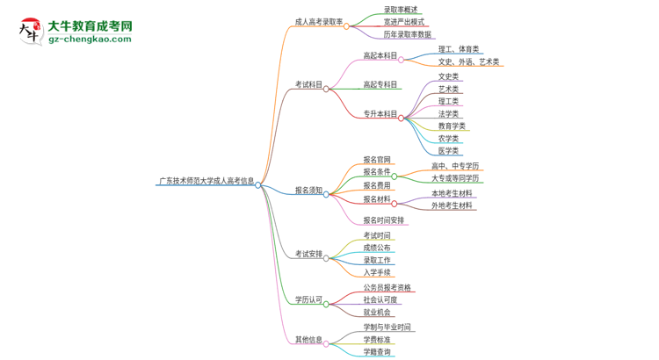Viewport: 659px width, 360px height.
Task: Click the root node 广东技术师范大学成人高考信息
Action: point(206,182)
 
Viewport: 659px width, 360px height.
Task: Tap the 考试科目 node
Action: point(308,85)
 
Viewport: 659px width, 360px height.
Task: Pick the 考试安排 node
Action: point(308,254)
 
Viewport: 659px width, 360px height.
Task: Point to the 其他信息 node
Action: point(308,339)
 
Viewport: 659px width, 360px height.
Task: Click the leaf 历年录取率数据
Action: point(408,34)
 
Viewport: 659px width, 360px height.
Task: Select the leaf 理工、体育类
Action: point(459,49)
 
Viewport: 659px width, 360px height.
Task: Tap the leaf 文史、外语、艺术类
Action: point(468,61)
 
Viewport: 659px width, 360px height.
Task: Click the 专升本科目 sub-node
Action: point(380,114)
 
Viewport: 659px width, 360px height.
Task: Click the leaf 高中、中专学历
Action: point(455,166)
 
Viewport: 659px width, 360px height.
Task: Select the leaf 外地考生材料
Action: point(452,205)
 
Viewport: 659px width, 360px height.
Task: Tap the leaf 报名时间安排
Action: point(384,220)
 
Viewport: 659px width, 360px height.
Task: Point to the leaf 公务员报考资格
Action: point(387,287)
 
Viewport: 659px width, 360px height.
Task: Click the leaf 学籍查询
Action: point(377,352)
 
